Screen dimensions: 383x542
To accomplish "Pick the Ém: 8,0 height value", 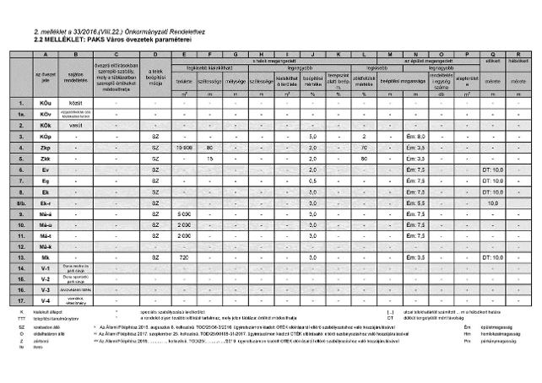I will click(415, 136).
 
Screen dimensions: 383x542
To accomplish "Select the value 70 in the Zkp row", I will click(364, 147).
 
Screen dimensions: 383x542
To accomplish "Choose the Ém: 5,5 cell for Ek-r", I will click(415, 202).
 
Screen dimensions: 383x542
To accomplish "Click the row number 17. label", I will click(18, 300).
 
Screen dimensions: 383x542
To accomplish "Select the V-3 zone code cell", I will click(45, 289).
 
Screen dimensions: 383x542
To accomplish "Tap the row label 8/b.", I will click(18, 202).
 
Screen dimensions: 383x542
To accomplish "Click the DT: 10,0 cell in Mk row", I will click(491, 256).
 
